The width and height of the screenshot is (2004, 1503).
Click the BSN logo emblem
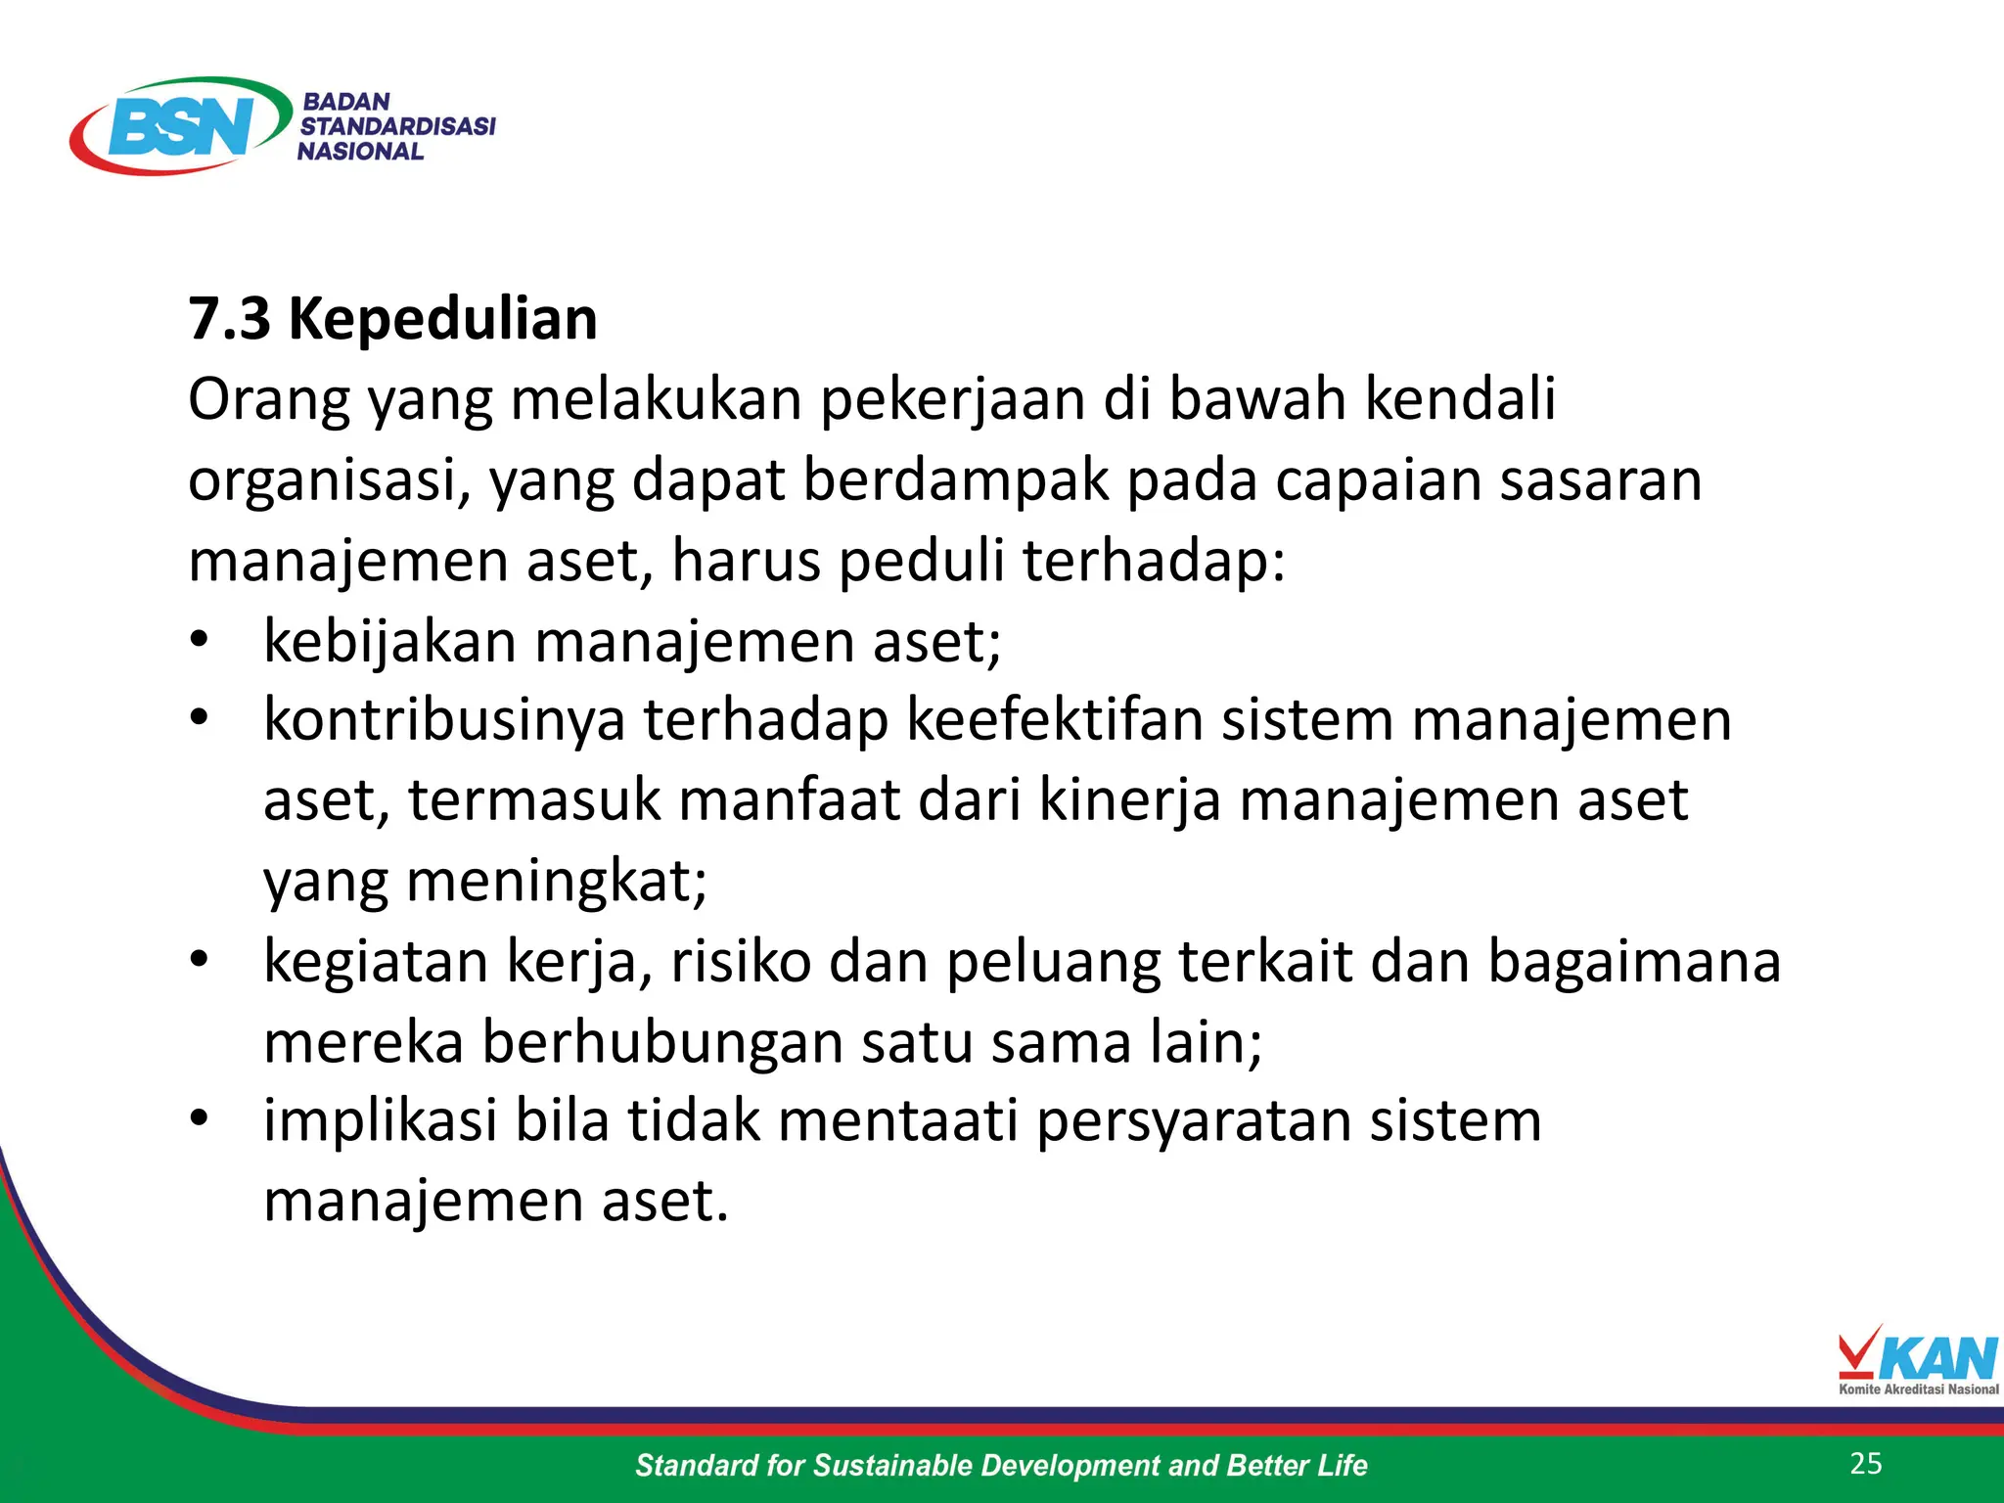(181, 125)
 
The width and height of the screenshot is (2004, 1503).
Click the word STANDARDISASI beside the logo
(397, 126)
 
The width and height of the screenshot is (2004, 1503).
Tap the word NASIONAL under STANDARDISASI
(360, 152)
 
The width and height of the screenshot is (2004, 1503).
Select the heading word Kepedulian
(442, 319)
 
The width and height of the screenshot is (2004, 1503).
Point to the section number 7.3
(229, 319)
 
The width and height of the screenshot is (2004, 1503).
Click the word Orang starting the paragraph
(268, 400)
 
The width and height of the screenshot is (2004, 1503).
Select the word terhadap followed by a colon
(1153, 562)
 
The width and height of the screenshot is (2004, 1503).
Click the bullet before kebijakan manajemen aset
(200, 641)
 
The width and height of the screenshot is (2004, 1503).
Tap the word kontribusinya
(444, 721)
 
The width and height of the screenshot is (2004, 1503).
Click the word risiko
(741, 962)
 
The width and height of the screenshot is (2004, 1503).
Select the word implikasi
(380, 1120)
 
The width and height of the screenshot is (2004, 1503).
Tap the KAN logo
(1917, 1360)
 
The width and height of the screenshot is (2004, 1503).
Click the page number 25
(1866, 1464)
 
